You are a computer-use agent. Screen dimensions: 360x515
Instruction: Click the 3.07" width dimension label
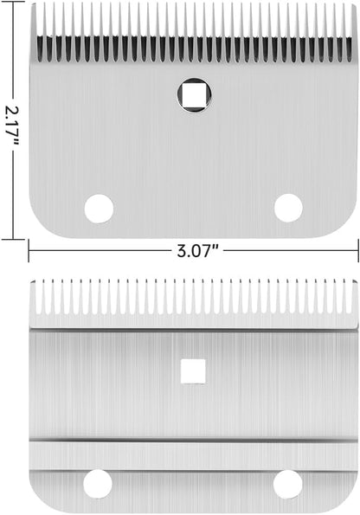tap(197, 252)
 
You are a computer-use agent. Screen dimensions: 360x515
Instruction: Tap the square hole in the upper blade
tap(194, 95)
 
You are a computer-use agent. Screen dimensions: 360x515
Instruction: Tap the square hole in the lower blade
tap(193, 371)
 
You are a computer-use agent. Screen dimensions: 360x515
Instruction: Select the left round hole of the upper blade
tap(99, 209)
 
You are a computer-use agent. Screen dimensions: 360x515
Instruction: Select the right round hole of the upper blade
tap(288, 208)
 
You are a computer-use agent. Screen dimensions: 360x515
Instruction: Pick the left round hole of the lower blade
tap(98, 484)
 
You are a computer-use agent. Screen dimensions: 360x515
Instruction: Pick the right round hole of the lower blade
tap(287, 484)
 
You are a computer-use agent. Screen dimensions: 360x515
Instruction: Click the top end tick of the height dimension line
tap(13, 2)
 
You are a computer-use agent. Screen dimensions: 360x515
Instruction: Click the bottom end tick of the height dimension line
tap(13, 239)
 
